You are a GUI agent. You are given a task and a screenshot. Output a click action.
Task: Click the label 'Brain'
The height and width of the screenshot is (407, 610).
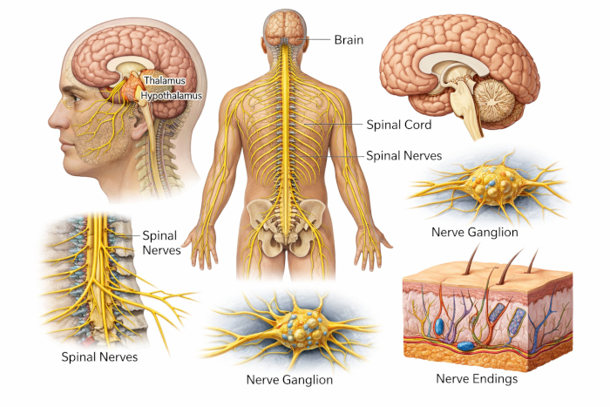pos(348,39)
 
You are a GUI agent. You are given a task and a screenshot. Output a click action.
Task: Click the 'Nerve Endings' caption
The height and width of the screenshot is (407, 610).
pos(477,379)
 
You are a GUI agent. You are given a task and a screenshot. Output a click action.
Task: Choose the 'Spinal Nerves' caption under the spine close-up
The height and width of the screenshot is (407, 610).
pos(98,356)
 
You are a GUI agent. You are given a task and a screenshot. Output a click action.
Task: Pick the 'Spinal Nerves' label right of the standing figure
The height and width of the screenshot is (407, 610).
pos(403,156)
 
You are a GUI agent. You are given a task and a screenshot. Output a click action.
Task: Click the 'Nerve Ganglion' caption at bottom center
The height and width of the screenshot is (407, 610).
pos(289,380)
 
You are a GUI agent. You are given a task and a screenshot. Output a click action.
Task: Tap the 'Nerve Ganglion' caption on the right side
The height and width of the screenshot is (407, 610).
pos(475,233)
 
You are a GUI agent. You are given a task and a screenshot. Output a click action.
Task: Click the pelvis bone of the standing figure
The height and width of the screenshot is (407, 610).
pos(288,222)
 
